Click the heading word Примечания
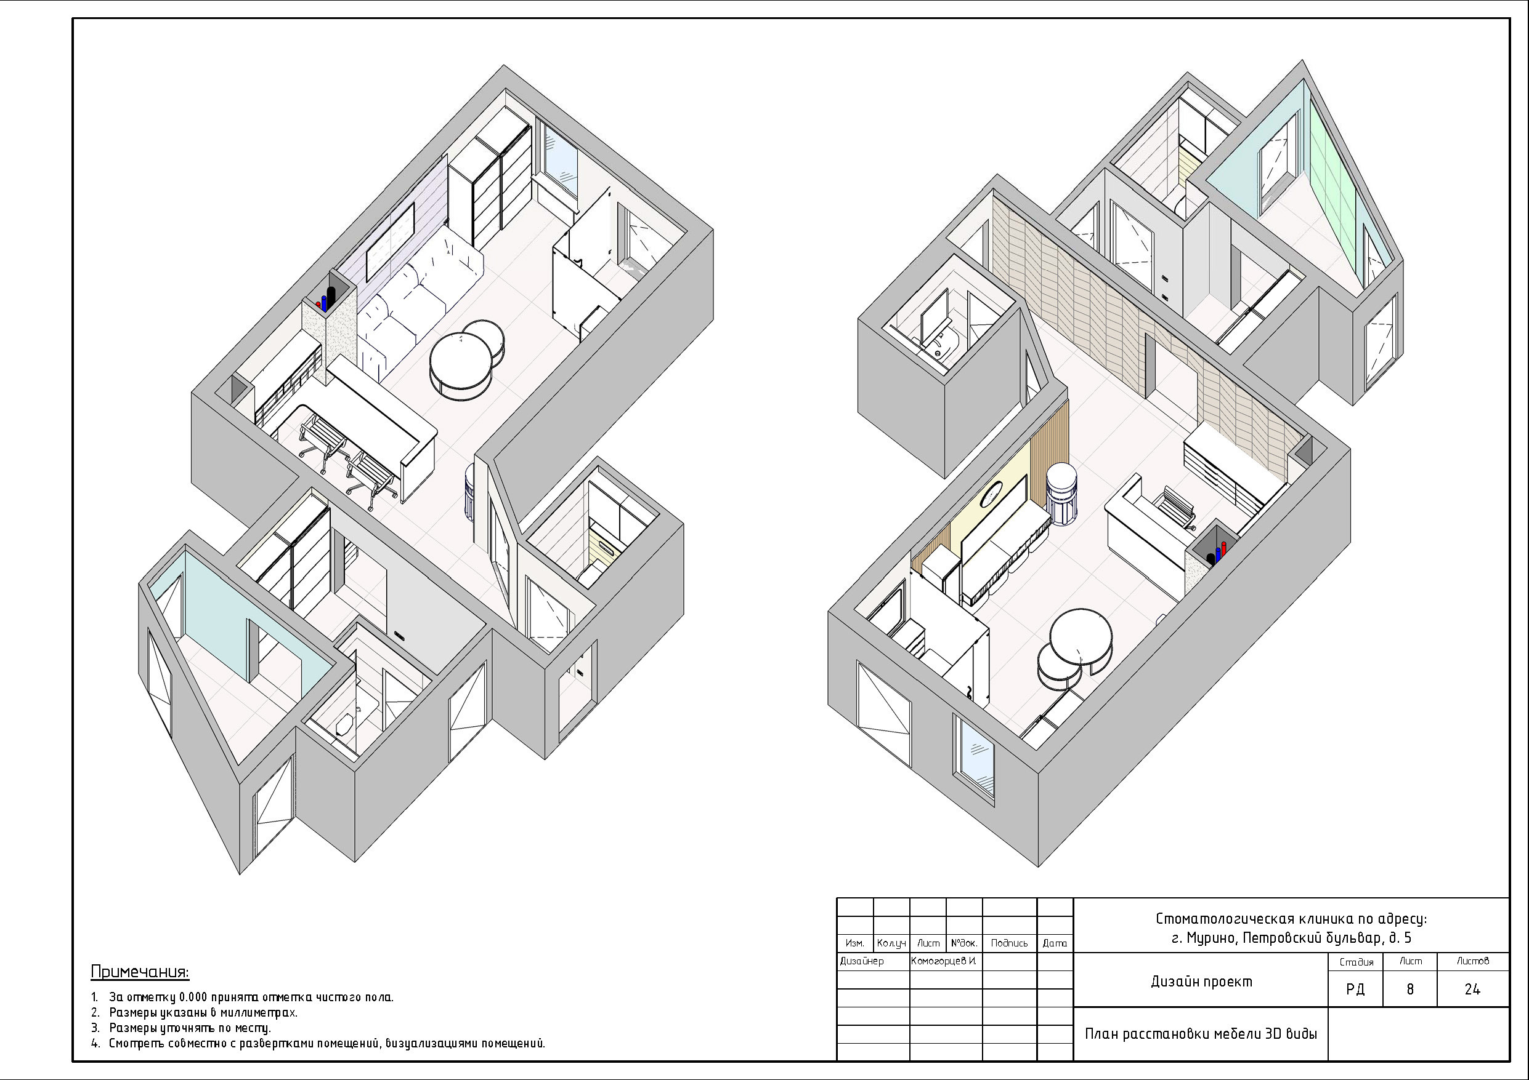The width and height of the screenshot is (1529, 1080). tap(140, 972)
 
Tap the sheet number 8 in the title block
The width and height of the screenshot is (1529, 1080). tap(1409, 990)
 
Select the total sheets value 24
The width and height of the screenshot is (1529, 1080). tap(1472, 990)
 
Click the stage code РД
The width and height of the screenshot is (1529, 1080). tap(1355, 990)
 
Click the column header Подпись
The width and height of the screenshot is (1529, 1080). tap(1009, 943)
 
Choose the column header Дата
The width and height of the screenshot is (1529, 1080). tap(1055, 943)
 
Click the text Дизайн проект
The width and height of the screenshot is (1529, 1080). tap(1201, 982)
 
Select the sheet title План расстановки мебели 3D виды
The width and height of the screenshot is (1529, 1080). tap(1201, 1034)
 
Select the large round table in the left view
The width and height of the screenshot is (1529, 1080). tap(461, 366)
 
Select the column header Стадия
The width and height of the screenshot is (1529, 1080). tap(1356, 962)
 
